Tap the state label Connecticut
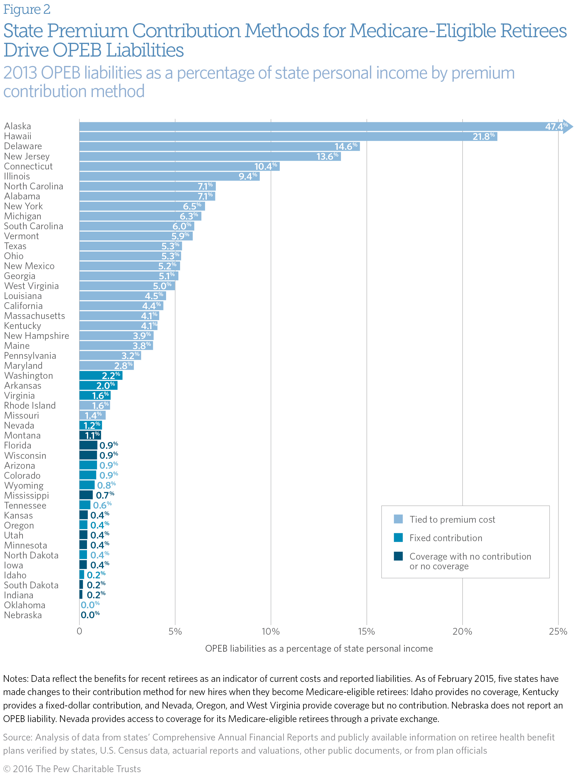(x=28, y=167)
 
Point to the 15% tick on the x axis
(x=366, y=632)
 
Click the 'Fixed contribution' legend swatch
(x=398, y=538)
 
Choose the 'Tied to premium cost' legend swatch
(x=398, y=519)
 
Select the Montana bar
(x=90, y=435)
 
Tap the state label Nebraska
(x=23, y=615)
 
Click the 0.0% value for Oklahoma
(x=90, y=605)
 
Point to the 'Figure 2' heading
(x=27, y=9)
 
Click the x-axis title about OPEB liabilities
(x=319, y=648)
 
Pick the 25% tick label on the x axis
(x=558, y=632)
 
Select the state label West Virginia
(x=31, y=286)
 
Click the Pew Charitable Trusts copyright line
(x=72, y=769)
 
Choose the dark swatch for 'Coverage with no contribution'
(x=398, y=556)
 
